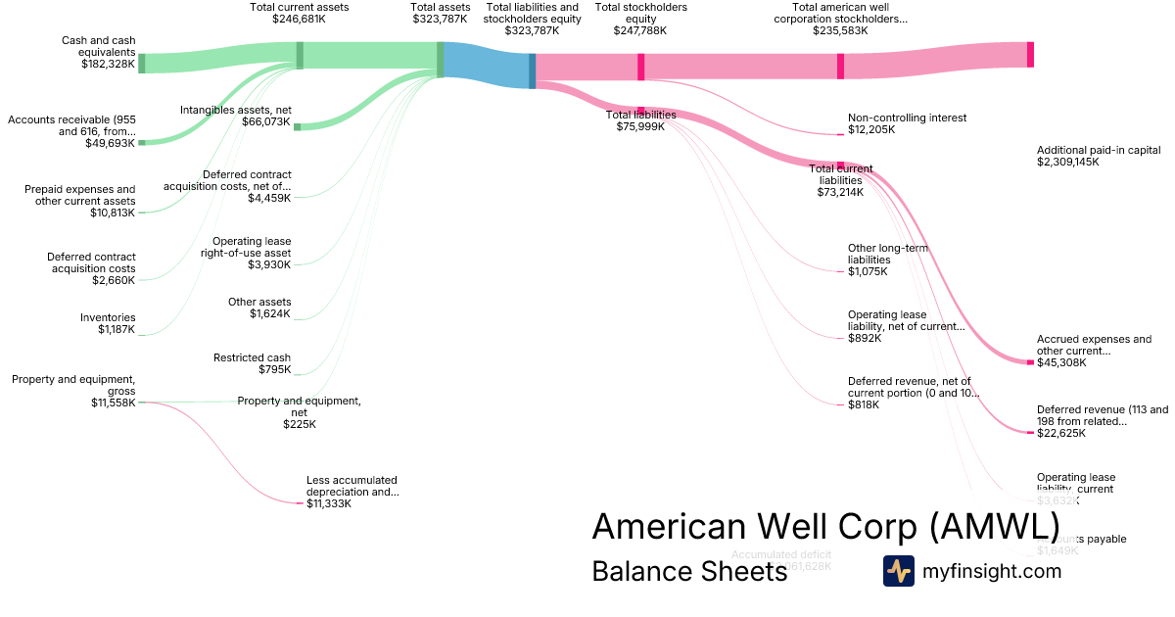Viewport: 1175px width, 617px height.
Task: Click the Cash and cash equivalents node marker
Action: (141, 64)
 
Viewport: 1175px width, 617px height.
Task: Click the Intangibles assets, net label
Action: (235, 110)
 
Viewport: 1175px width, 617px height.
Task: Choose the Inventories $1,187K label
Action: (108, 323)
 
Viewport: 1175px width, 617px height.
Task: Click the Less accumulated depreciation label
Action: (352, 486)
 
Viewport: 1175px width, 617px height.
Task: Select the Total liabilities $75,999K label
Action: (641, 120)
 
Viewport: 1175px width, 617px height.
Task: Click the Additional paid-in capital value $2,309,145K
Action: (1068, 163)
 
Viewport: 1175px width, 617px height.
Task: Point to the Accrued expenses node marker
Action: (1030, 362)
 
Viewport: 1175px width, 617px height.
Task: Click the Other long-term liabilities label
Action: (888, 254)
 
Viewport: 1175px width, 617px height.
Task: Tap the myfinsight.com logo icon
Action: (898, 571)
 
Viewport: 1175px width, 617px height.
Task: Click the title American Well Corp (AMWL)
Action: (824, 527)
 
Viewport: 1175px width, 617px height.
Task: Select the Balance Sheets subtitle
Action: (689, 571)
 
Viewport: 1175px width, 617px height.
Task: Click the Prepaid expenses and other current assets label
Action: (80, 195)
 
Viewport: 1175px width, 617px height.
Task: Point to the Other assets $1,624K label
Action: (259, 308)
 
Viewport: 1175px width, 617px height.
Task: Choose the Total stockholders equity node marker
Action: (641, 67)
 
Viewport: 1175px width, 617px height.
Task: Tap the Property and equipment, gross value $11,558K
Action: (113, 403)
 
